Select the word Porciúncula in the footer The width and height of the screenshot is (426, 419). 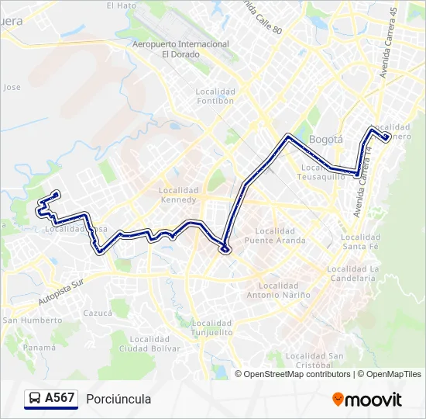point(119,399)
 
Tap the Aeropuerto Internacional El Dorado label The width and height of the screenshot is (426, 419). point(180,50)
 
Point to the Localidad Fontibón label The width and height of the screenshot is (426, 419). point(215,96)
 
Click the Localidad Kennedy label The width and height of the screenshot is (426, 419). point(179,195)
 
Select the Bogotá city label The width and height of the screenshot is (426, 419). point(325,140)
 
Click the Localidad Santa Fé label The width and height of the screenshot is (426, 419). point(360,241)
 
